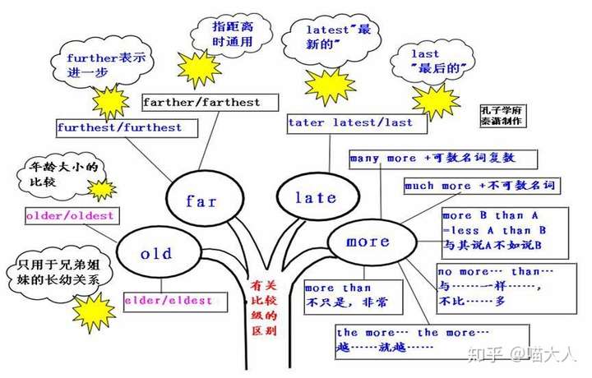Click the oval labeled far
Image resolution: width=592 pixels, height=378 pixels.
(x=201, y=201)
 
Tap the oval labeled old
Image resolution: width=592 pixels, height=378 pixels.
(x=155, y=255)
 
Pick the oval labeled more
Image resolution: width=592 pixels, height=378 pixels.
(x=368, y=242)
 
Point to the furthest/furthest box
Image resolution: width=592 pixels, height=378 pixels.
(x=119, y=128)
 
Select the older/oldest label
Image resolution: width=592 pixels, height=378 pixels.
(x=70, y=216)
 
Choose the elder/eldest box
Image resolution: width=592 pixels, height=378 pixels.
(x=168, y=301)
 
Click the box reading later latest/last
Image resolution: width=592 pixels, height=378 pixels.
(x=349, y=122)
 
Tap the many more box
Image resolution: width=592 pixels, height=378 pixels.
(x=442, y=159)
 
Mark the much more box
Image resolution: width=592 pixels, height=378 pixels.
(x=479, y=187)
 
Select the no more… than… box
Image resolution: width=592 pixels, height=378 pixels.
(x=495, y=287)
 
